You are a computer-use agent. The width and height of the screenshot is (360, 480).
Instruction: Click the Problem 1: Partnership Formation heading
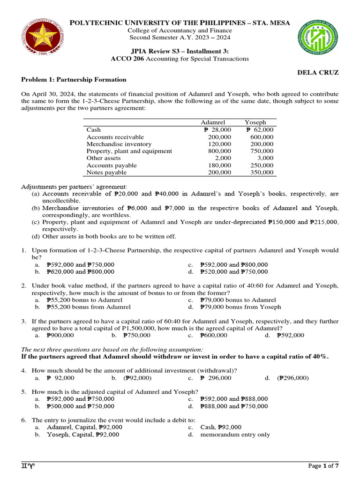pyautogui.click(x=74, y=80)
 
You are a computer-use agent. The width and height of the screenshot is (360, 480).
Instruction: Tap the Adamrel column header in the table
pyautogui.click(x=213, y=122)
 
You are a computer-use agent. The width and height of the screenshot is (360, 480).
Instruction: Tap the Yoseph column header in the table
pyautogui.click(x=255, y=122)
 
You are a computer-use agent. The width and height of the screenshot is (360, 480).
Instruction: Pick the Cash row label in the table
pyautogui.click(x=94, y=130)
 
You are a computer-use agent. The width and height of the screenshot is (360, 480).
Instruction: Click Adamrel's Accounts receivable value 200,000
pyautogui.click(x=219, y=137)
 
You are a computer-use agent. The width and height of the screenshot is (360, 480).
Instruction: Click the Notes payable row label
pyautogui.click(x=106, y=172)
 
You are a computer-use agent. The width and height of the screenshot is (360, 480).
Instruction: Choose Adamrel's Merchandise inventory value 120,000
pyautogui.click(x=219, y=144)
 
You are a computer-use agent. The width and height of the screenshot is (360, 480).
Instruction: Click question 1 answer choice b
pyautogui.click(x=80, y=271)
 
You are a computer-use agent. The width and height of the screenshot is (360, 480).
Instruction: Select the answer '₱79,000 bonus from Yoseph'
pyautogui.click(x=240, y=307)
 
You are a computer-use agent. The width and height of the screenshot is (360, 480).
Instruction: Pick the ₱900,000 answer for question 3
pyautogui.click(x=60, y=335)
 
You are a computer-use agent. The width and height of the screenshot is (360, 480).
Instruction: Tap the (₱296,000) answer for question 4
pyautogui.click(x=292, y=377)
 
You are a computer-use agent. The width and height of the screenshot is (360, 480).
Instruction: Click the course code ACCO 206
pyautogui.click(x=127, y=59)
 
